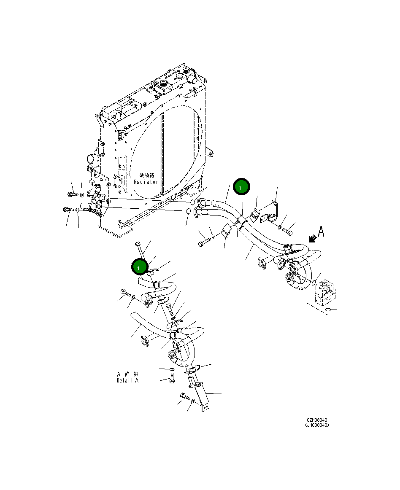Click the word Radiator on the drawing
[x=146, y=182]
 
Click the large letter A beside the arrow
[x=321, y=232]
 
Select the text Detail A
[x=127, y=380]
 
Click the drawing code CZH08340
[x=317, y=420]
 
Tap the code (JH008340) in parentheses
[x=317, y=425]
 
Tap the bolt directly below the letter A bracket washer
[x=289, y=231]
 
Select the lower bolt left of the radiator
[x=68, y=209]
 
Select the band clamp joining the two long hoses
[x=241, y=222]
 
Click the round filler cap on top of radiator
[x=176, y=78]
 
